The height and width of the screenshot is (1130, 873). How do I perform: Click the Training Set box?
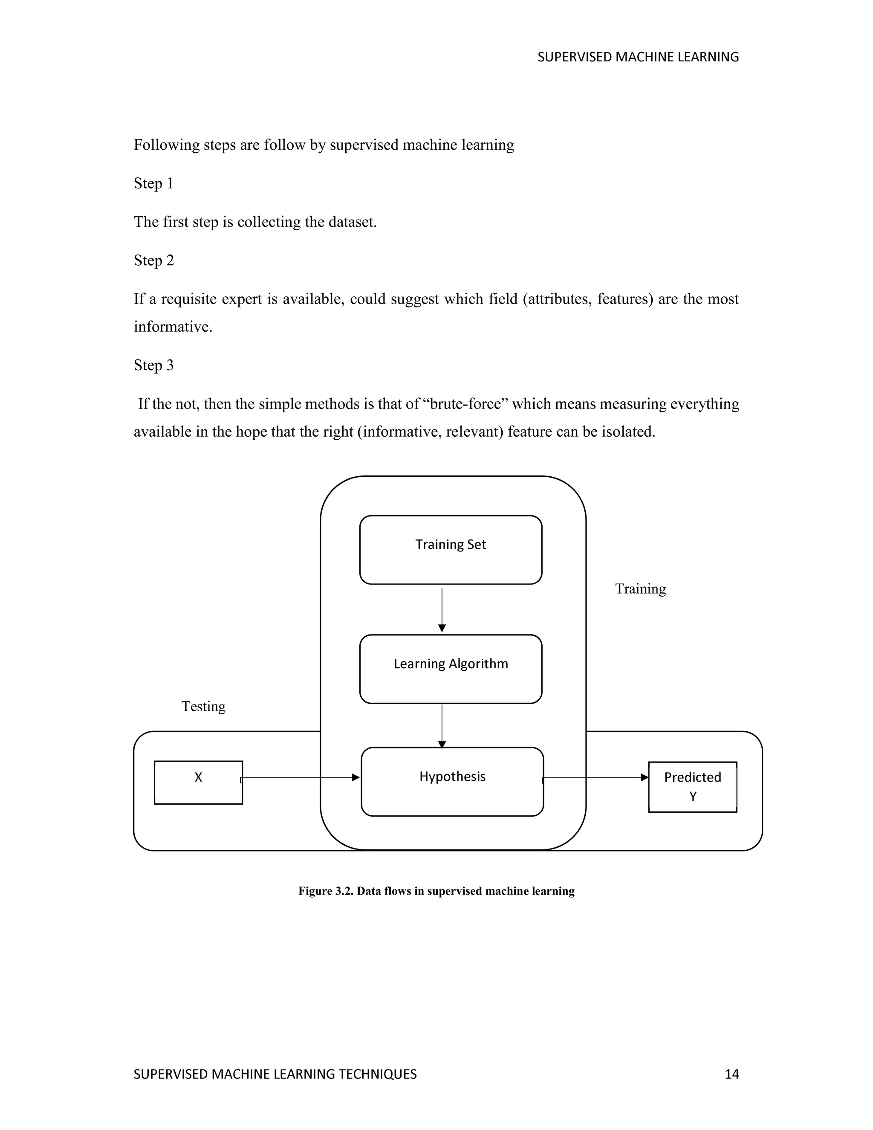coord(451,550)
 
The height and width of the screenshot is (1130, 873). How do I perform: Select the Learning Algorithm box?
coord(451,669)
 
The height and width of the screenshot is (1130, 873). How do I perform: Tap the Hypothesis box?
coord(452,781)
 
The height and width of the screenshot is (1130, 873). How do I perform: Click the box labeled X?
coord(198,782)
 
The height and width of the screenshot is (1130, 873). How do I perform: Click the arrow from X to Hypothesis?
coord(300,777)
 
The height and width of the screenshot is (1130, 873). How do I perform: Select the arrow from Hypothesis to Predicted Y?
coord(595,777)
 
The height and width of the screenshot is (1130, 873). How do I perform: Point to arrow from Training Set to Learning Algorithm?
coord(442,609)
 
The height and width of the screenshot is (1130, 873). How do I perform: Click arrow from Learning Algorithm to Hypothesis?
coord(442,725)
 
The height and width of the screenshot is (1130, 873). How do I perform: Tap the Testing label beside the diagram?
coord(203,706)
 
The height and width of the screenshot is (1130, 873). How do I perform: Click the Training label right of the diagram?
coord(640,589)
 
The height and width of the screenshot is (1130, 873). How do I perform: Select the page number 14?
coord(732,1074)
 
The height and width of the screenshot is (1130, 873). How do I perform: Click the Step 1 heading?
coord(153,183)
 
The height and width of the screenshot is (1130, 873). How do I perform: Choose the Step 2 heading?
coord(153,260)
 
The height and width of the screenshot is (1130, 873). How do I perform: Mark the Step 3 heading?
coord(153,365)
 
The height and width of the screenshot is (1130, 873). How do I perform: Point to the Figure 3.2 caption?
coord(436,891)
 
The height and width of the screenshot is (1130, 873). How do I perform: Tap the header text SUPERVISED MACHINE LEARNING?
coord(638,57)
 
